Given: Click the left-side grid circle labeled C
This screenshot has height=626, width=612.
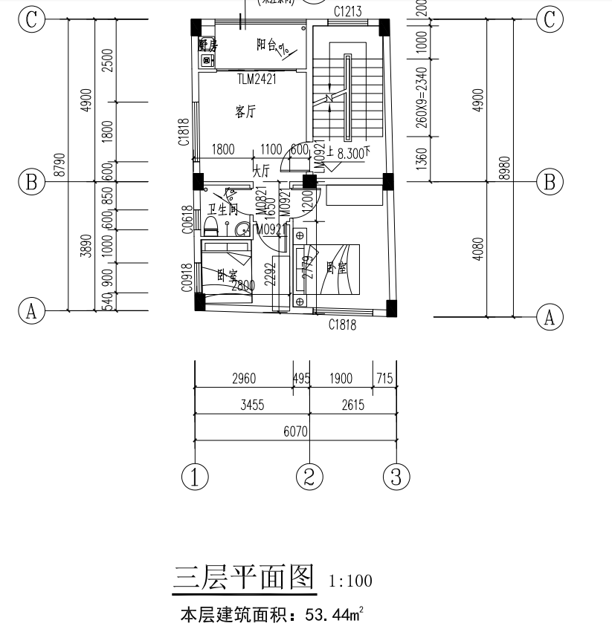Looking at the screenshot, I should click(31, 19).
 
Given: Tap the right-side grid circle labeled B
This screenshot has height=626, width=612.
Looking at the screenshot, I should click(550, 182).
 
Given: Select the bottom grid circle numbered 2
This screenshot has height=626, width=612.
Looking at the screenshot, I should click(309, 476).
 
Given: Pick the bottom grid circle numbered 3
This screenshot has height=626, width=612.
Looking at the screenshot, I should click(396, 476).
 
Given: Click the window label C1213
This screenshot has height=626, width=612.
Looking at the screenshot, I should click(347, 11).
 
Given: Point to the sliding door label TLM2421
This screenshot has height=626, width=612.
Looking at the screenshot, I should click(257, 79).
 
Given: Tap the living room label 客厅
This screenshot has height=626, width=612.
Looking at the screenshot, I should click(245, 112).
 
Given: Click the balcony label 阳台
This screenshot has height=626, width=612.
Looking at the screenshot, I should click(272, 46).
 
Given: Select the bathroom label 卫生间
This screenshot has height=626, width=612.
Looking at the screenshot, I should click(222, 210).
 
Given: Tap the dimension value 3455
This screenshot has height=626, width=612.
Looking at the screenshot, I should click(251, 405).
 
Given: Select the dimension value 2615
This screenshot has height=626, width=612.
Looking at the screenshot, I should click(353, 405).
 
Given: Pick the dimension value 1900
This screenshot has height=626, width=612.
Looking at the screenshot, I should click(341, 379).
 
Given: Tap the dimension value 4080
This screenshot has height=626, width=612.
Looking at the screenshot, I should click(478, 248).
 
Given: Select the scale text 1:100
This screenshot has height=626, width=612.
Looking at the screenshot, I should click(350, 581).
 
